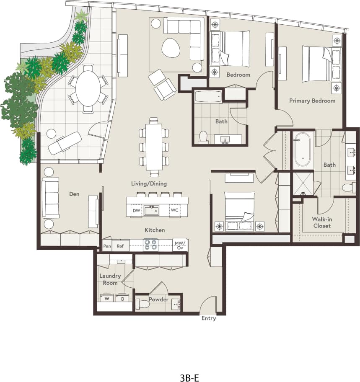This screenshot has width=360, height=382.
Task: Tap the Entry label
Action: [208, 318]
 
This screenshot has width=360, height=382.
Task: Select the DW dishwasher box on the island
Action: [136, 211]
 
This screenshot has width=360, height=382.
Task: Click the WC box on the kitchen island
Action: [174, 211]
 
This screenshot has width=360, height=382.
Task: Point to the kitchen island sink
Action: [152, 210]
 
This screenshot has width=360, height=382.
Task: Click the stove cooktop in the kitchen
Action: [151, 245]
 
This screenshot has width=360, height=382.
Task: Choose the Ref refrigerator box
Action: [120, 246]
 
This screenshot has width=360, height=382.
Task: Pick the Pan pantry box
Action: [107, 246]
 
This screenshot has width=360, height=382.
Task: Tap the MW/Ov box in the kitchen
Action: [180, 245]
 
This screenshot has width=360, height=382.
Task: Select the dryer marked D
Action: [122, 299]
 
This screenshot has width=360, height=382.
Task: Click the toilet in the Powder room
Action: [143, 304]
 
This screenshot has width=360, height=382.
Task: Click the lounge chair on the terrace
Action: [65, 142]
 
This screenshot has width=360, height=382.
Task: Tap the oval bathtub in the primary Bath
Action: [302, 150]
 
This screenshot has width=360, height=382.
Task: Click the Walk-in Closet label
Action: [321, 222]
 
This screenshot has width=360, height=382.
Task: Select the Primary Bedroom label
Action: [312, 101]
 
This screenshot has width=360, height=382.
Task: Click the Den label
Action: [75, 194]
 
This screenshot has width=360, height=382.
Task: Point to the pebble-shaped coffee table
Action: [171, 48]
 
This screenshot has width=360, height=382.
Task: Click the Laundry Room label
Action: [110, 279]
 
